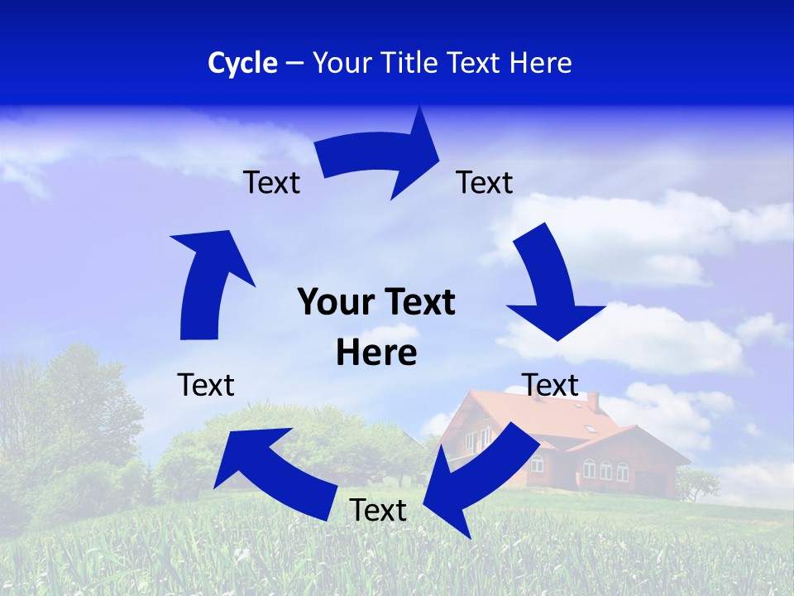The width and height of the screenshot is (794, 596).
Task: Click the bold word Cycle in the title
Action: tap(242, 63)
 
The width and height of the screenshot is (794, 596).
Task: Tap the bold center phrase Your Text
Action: tap(376, 303)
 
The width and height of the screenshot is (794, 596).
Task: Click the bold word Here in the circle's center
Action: tap(376, 353)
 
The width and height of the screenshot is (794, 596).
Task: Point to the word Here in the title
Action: tap(540, 63)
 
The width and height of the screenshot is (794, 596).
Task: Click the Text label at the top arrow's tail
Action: tap(271, 183)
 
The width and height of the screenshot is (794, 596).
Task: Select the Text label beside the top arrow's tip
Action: tap(485, 183)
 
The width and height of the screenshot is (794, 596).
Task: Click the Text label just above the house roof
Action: tap(550, 385)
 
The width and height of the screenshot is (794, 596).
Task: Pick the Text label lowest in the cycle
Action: tap(378, 511)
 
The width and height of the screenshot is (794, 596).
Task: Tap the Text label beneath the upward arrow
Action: tap(206, 385)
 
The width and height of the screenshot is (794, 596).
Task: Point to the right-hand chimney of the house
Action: tap(592, 402)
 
